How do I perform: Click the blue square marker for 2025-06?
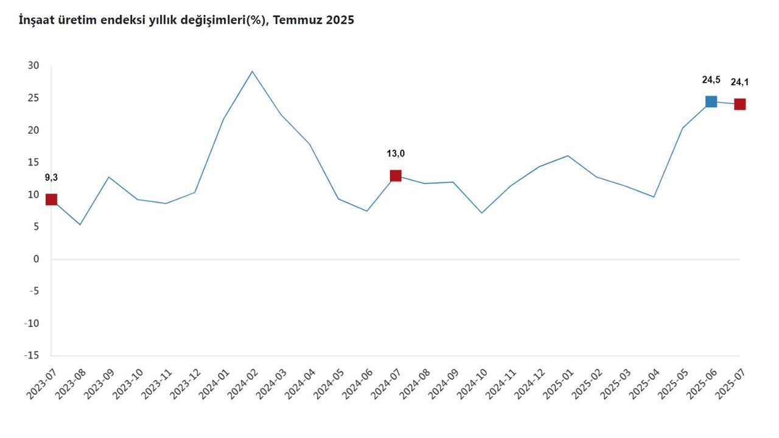(711, 102)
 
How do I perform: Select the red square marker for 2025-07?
(739, 104)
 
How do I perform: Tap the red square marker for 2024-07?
(396, 176)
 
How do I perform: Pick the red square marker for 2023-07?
(51, 200)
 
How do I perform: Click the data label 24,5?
(711, 79)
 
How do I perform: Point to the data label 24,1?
(739, 82)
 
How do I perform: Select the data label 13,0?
(396, 153)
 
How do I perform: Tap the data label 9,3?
(51, 178)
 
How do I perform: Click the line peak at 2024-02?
(252, 71)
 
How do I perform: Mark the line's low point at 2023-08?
(80, 224)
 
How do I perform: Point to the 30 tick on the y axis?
(33, 66)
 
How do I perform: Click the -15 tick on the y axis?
(31, 355)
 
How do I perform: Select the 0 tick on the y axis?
(36, 259)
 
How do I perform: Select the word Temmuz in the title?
(297, 20)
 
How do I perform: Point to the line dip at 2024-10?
(481, 213)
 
